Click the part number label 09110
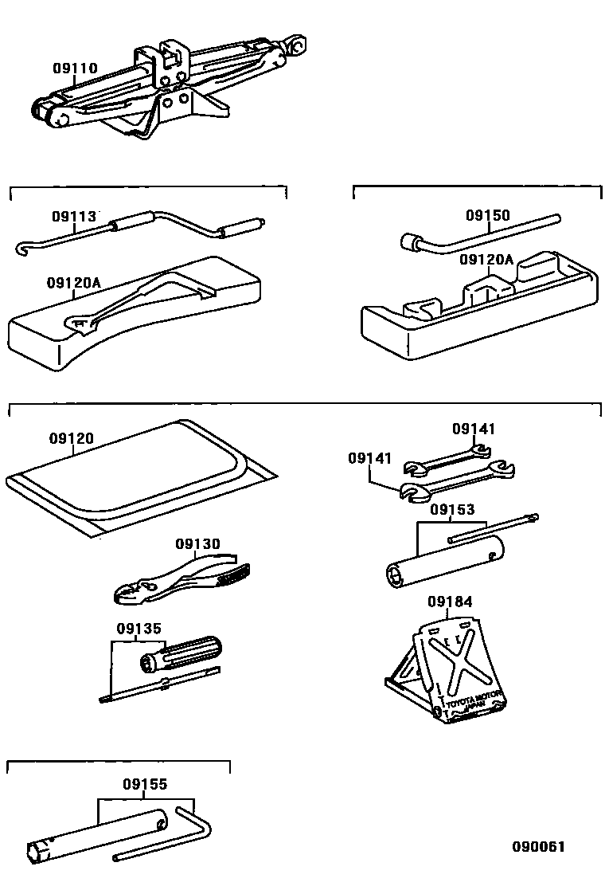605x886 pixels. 76,69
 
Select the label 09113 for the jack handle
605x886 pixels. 74,216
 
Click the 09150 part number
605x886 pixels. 487,215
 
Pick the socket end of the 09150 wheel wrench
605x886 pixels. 411,241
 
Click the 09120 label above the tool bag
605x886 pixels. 71,438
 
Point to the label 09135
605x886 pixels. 139,628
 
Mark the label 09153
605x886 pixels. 452,509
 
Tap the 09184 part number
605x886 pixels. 450,602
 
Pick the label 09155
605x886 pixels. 145,784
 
